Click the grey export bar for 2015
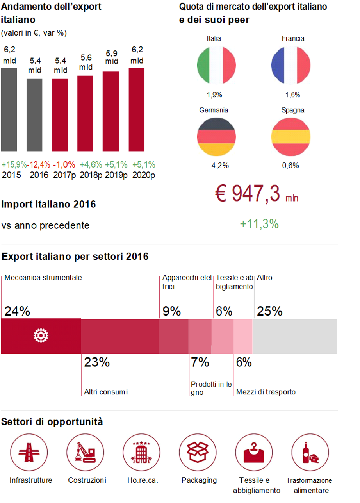click(9, 109)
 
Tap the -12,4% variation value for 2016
click(38, 164)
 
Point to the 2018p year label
click(91, 175)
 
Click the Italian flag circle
click(216, 65)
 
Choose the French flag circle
click(291, 65)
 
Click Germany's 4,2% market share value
click(220, 166)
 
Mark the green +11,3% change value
click(259, 224)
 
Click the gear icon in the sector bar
click(41, 336)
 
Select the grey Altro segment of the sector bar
click(295, 336)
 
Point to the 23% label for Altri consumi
click(97, 362)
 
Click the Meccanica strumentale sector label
click(43, 278)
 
